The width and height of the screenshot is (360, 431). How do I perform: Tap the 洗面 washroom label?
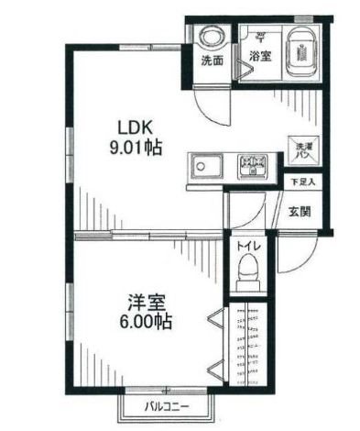(212, 61)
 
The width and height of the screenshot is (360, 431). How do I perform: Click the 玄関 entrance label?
(300, 212)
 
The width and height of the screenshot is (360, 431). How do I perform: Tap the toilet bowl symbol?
(245, 272)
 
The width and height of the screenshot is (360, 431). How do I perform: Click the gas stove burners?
(251, 167)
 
